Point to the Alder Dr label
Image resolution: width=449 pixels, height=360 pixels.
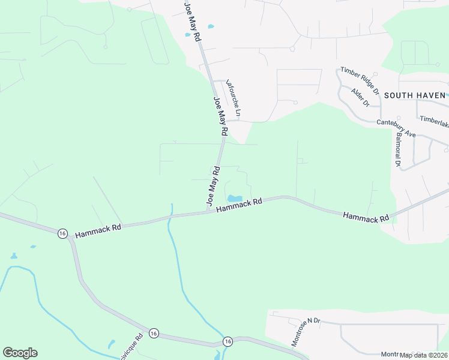tap(360, 97)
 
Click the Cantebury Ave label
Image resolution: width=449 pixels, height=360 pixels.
tap(396, 128)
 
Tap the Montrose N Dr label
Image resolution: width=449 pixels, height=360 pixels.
tap(306, 332)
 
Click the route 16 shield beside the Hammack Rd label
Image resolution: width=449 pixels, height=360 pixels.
tap(62, 233)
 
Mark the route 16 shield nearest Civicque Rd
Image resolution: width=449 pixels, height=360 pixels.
tap(154, 333)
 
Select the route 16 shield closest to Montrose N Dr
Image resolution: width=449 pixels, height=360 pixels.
tap(227, 341)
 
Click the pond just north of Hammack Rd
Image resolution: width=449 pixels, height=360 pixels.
tap(234, 199)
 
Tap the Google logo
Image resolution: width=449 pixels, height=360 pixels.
tap(20, 353)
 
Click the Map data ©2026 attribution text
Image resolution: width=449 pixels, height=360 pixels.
tap(423, 355)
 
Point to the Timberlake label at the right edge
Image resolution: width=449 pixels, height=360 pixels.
tap(435, 120)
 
